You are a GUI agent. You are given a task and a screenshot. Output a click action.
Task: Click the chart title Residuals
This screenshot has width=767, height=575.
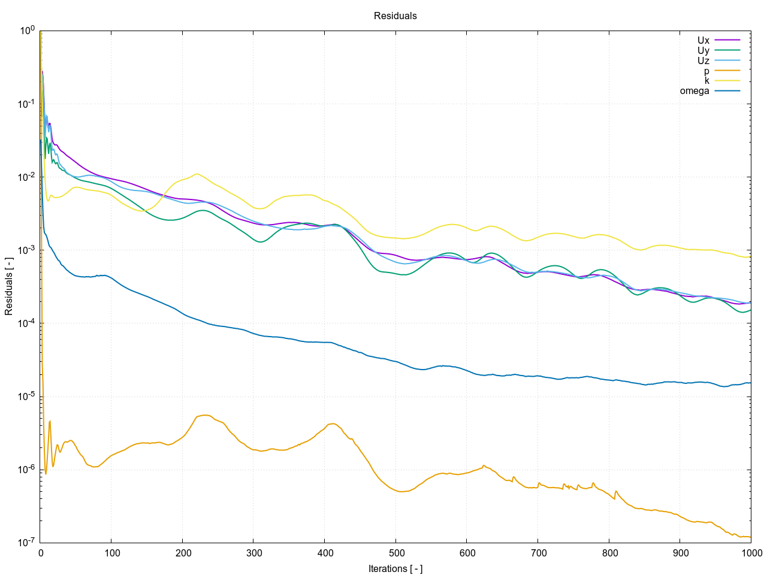pyautogui.click(x=395, y=16)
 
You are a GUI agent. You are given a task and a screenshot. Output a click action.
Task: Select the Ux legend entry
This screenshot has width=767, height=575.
pyautogui.click(x=703, y=41)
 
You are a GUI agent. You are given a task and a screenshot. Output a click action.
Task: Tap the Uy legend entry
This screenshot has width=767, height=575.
pyautogui.click(x=703, y=51)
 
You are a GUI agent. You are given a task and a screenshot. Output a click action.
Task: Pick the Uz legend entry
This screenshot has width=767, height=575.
pyautogui.click(x=703, y=60)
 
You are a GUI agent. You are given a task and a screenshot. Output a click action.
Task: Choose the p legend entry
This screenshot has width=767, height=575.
pyautogui.click(x=706, y=71)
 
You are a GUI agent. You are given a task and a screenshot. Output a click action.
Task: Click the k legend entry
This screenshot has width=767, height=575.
pyautogui.click(x=707, y=81)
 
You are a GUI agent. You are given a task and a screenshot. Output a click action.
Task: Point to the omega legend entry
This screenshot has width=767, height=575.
pyautogui.click(x=694, y=91)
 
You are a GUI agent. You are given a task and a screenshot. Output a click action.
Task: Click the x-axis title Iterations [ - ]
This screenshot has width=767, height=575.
pyautogui.click(x=395, y=568)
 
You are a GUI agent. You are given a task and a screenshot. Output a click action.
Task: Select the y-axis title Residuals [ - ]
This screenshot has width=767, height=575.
pyautogui.click(x=9, y=287)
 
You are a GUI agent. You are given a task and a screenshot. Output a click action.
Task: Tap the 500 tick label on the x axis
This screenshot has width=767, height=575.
pyautogui.click(x=396, y=552)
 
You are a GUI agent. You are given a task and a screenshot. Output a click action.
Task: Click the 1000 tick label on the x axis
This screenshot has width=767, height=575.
pyautogui.click(x=751, y=552)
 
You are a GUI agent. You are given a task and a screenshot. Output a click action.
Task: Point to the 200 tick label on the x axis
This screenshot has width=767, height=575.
pyautogui.click(x=183, y=552)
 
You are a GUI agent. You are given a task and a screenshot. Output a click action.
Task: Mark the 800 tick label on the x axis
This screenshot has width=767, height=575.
pyautogui.click(x=609, y=552)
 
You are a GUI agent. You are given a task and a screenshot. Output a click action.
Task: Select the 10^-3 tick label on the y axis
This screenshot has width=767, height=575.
pyautogui.click(x=25, y=250)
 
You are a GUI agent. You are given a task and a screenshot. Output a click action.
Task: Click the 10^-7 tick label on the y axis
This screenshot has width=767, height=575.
pyautogui.click(x=25, y=543)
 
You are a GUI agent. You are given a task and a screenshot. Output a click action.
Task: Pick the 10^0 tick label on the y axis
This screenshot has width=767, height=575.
pyautogui.click(x=27, y=31)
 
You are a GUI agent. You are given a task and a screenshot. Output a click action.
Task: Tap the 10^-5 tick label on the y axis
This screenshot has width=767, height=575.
pyautogui.click(x=25, y=397)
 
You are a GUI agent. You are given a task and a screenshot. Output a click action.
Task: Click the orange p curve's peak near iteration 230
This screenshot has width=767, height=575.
pyautogui.click(x=205, y=415)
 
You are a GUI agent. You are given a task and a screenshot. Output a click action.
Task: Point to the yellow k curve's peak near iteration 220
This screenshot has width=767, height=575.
pyautogui.click(x=197, y=174)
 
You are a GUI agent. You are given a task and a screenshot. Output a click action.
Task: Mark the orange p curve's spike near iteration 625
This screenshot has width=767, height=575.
pyautogui.click(x=484, y=465)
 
